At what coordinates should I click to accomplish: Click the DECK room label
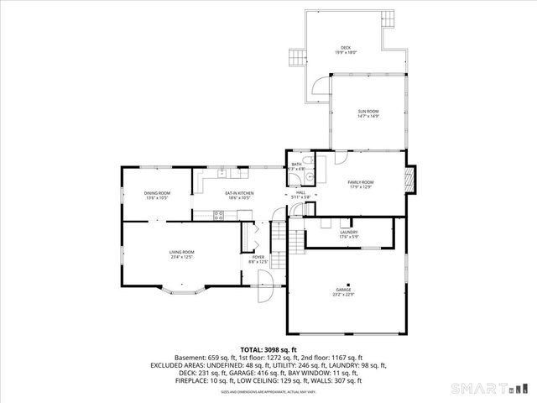pos(346,50)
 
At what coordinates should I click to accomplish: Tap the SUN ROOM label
pos(368,113)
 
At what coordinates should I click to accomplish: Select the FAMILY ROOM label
pos(361,184)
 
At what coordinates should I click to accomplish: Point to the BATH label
pos(296,166)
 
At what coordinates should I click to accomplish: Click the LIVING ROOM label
pos(182,254)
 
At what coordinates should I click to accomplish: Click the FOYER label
pos(258,259)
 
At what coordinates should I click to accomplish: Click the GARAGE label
pos(344,291)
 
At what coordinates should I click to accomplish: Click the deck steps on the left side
pos(295,58)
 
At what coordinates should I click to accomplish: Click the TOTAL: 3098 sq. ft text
pos(268,348)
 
